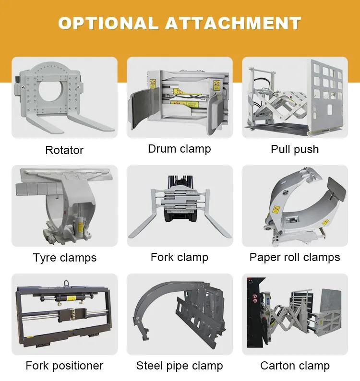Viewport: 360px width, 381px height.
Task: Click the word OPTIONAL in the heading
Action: pos(108,24)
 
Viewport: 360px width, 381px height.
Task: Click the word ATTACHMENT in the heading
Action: pos(233,24)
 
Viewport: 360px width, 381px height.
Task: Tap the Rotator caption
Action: pos(64,150)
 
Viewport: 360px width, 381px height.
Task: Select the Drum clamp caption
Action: pos(180,149)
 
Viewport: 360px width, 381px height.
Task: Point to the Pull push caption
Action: pos(295,149)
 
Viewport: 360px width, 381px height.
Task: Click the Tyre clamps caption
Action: pos(65,258)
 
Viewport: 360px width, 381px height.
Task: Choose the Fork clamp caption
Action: pos(180,257)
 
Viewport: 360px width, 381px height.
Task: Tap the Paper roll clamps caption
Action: pos(295,257)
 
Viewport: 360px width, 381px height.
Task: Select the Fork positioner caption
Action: pos(64,366)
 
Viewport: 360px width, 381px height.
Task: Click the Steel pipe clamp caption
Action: pos(180,366)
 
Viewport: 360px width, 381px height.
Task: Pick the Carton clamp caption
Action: pos(295,366)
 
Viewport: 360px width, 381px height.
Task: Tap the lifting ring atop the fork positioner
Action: pos(66,284)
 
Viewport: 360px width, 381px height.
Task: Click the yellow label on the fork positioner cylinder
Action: pos(71,298)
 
